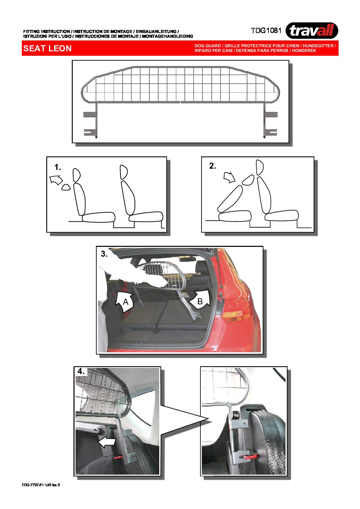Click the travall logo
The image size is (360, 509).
pos(311,31)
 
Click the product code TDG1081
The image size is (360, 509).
pos(266,31)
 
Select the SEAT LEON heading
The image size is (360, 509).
pos(47,49)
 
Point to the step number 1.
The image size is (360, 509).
pos(58,167)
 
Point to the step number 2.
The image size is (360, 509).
pos(212,166)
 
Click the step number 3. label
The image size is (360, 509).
pos(104,254)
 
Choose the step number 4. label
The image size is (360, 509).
pos(81,371)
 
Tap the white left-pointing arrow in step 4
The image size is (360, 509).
pos(107,442)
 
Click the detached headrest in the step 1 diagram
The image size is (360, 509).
pos(66,187)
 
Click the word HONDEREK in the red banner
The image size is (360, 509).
pos(304,51)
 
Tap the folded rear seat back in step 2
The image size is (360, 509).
pos(230,199)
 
